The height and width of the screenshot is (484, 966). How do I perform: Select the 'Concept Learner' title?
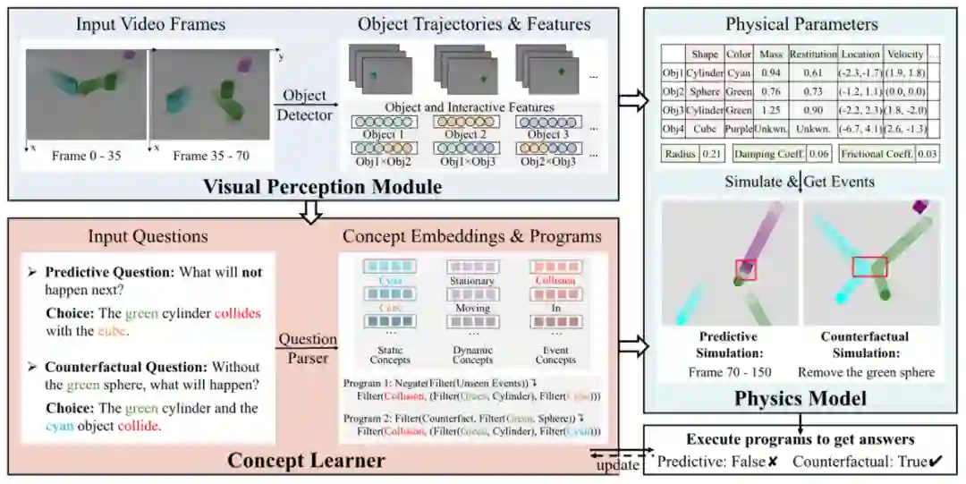coord(306,461)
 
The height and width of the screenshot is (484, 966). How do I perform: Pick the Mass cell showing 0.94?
coord(770,72)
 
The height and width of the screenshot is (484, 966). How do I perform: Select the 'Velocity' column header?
coord(905,54)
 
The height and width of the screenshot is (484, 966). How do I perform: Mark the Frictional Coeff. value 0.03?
coord(927,154)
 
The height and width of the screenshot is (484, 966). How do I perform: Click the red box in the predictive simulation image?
coord(745,269)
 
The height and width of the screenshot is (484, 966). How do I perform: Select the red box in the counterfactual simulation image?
coord(869,266)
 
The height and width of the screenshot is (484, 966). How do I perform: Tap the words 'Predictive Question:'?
coord(100,271)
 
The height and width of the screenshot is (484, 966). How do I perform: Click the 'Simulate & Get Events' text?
coord(801,182)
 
